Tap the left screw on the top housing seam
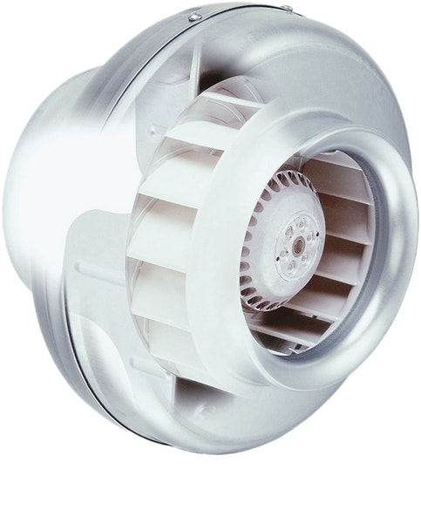click(195, 17)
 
